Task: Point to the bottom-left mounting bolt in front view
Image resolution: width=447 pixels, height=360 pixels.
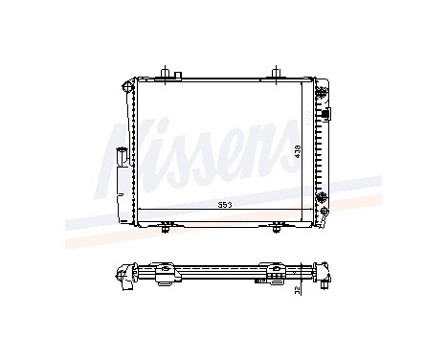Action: (168, 228)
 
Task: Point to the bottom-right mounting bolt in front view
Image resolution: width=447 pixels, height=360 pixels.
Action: (277, 228)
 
